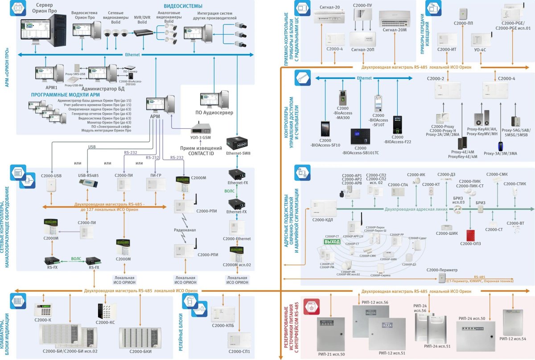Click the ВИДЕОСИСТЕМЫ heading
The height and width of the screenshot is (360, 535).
pos(183,6)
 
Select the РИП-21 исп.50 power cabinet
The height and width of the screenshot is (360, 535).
pos(330,332)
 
